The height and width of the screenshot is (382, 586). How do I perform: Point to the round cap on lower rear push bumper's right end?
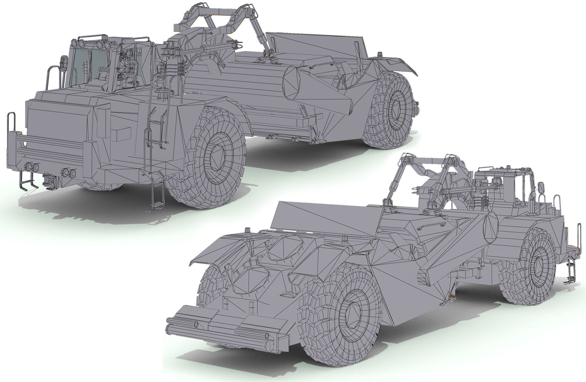(x=267, y=336)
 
